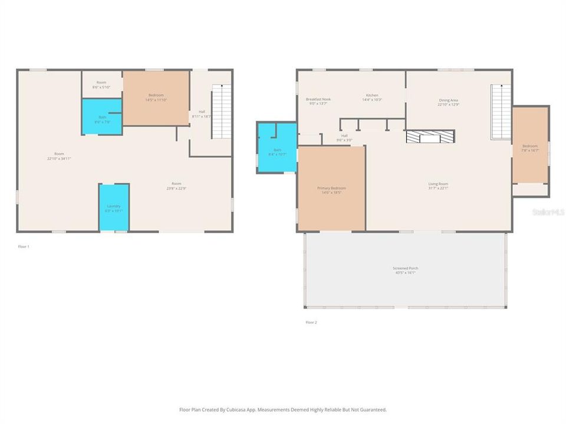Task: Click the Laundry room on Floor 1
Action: [x=114, y=207]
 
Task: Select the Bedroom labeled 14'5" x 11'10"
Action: [x=156, y=98]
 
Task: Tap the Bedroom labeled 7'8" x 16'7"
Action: [x=529, y=148]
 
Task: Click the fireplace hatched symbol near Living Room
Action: [x=430, y=137]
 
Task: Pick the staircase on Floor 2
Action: [x=500, y=112]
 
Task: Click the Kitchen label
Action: [x=371, y=95]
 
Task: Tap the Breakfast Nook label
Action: [x=318, y=99]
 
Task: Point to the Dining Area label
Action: [x=448, y=100]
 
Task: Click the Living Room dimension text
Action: [x=438, y=188]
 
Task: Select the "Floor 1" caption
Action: [x=24, y=246]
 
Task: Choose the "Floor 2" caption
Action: [x=311, y=322]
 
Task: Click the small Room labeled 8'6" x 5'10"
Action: [x=101, y=84]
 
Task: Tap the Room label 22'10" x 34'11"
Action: [x=59, y=156]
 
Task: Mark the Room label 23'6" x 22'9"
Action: [x=176, y=185]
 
